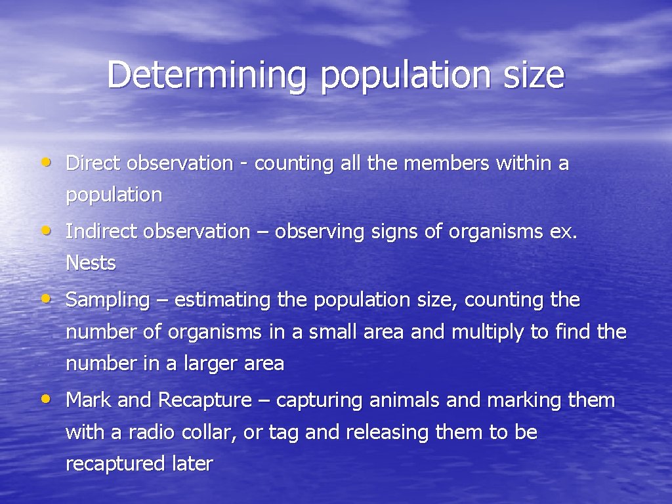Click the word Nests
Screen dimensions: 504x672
(x=91, y=263)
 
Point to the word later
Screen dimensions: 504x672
(x=193, y=464)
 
